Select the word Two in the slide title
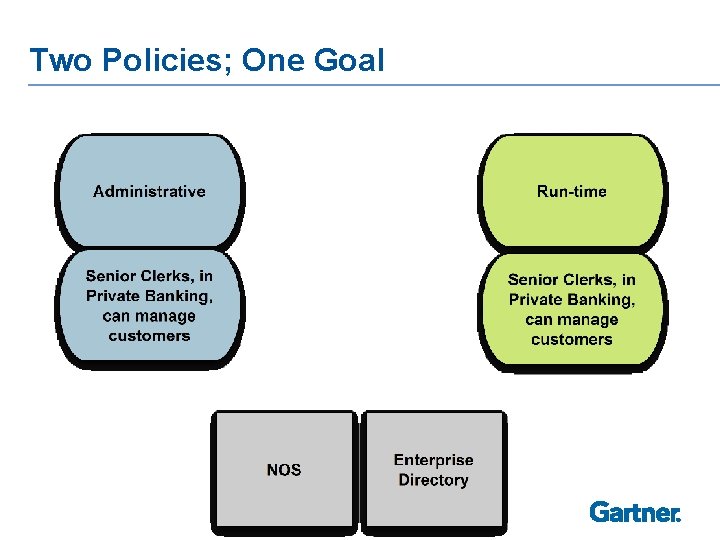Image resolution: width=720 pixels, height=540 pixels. pyautogui.click(x=59, y=60)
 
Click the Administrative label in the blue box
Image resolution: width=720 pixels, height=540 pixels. pyautogui.click(x=149, y=191)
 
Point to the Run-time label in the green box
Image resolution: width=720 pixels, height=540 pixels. pyautogui.click(x=571, y=191)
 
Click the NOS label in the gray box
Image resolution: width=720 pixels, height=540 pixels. pyautogui.click(x=284, y=470)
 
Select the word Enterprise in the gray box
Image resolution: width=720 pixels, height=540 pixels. pyautogui.click(x=433, y=460)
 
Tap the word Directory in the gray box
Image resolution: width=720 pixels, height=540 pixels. pyautogui.click(x=433, y=480)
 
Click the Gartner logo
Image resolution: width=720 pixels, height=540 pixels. pyautogui.click(x=635, y=512)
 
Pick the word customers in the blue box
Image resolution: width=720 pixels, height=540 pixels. pyautogui.click(x=149, y=336)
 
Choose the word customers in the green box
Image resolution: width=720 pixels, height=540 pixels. pyautogui.click(x=571, y=340)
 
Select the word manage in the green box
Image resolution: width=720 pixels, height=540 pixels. pyautogui.click(x=586, y=320)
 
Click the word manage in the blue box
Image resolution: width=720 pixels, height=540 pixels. pyautogui.click(x=164, y=316)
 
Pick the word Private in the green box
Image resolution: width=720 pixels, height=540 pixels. pyautogui.click(x=534, y=300)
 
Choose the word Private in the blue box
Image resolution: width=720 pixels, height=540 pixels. pyautogui.click(x=111, y=296)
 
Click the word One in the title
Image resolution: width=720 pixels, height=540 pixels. pyautogui.click(x=272, y=60)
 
